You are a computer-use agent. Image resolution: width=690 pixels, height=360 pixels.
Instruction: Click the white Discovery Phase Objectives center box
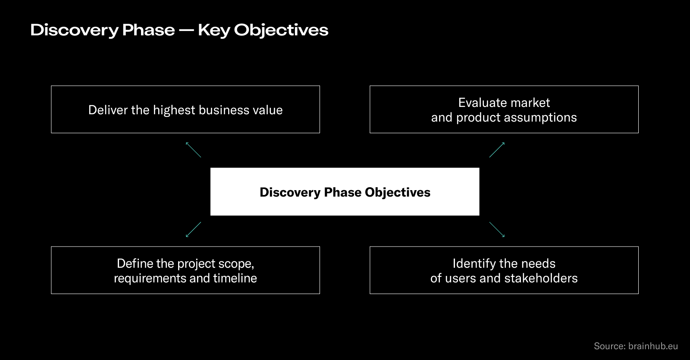pyautogui.click(x=345, y=191)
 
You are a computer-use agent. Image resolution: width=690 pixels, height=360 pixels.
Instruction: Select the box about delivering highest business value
pyautogui.click(x=185, y=110)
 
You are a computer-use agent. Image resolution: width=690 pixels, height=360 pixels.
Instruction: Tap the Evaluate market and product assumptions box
pyautogui.click(x=504, y=110)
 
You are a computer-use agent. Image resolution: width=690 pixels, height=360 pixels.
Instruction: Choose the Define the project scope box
pyautogui.click(x=185, y=270)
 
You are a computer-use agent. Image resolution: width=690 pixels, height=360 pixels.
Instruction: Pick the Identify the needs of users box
pyautogui.click(x=504, y=270)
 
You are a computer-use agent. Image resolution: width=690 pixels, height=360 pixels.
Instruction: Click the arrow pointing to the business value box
pyautogui.click(x=193, y=150)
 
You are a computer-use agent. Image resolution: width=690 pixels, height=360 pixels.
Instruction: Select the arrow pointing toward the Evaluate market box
pyautogui.click(x=497, y=150)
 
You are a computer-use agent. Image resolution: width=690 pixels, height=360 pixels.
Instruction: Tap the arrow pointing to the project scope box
pyautogui.click(x=193, y=229)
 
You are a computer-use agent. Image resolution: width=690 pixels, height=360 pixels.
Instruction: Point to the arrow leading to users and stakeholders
pyautogui.click(x=497, y=229)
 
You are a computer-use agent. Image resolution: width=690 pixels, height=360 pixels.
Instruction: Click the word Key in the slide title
pyautogui.click(x=213, y=30)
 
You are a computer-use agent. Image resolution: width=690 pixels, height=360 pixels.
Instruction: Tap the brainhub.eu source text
pyautogui.click(x=653, y=346)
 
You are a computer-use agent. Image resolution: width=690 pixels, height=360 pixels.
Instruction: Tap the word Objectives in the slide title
pyautogui.click(x=281, y=30)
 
